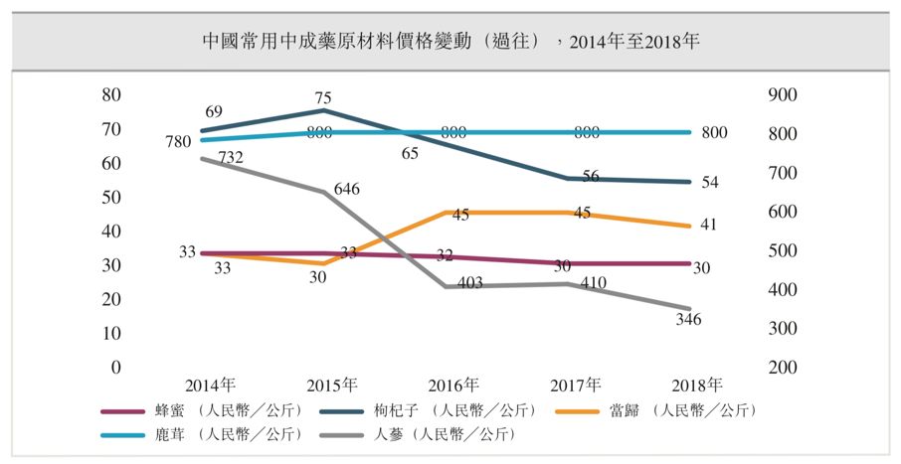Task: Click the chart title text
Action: coord(450,41)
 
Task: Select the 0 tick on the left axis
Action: coord(115,368)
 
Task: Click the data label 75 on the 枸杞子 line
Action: coord(322,98)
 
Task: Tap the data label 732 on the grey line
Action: coord(231,157)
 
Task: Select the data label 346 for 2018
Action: coord(687,320)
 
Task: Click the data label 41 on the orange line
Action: coord(707,226)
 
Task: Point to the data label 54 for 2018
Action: coord(707,182)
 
